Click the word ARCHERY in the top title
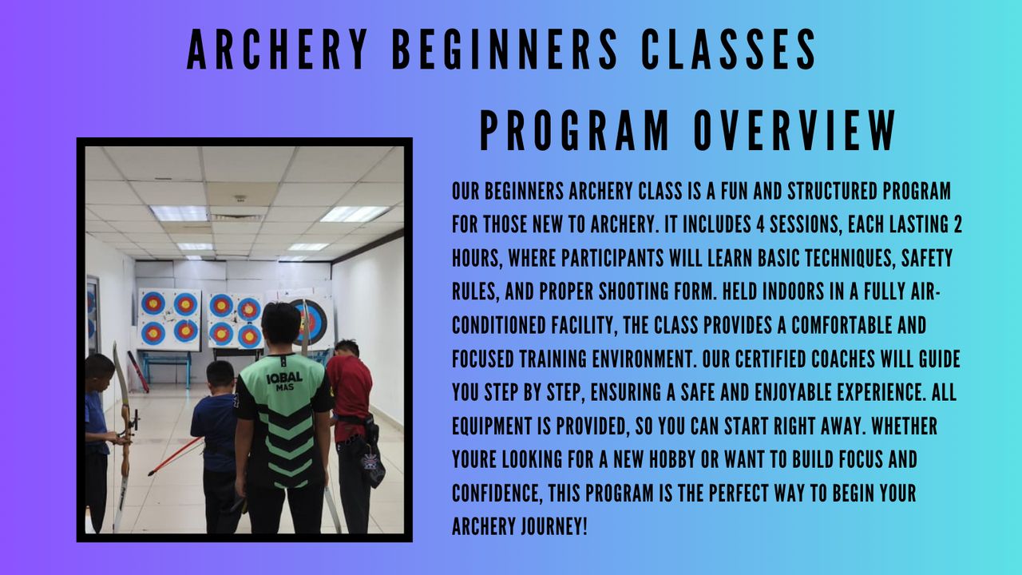pyautogui.click(x=277, y=50)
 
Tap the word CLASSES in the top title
pyautogui.click(x=728, y=50)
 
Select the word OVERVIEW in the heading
pyautogui.click(x=794, y=131)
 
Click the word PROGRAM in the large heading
pyautogui.click(x=574, y=131)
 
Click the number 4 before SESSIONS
pyautogui.click(x=761, y=224)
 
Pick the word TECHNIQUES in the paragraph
pyautogui.click(x=846, y=258)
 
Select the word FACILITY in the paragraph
pyautogui.click(x=584, y=326)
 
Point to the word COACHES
pyautogui.click(x=843, y=359)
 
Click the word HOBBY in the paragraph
pyautogui.click(x=672, y=460)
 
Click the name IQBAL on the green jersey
pyautogui.click(x=284, y=378)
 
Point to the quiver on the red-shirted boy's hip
pyautogui.click(x=372, y=456)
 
